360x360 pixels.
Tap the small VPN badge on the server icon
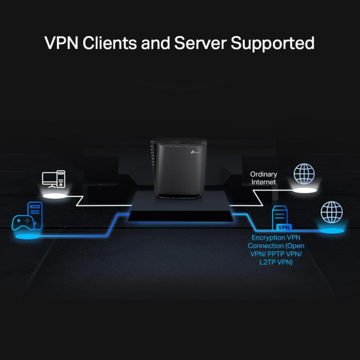coord(283,227)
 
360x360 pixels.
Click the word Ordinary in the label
coord(263,174)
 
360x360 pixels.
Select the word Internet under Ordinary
coord(263,182)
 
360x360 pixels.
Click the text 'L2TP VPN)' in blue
coord(276,262)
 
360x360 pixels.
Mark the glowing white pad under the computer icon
coord(54,195)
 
